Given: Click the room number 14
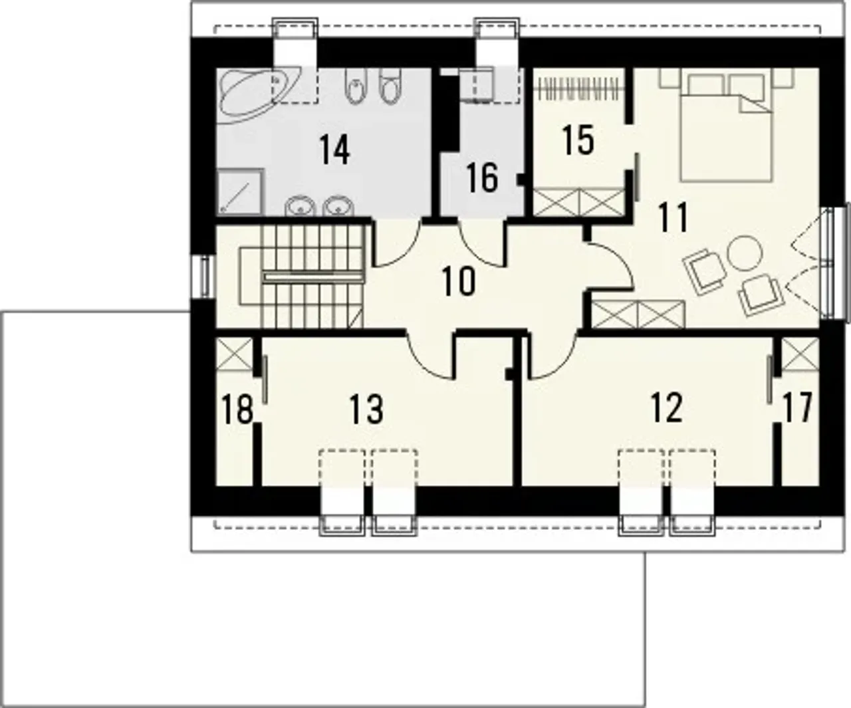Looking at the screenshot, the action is click(x=334, y=150).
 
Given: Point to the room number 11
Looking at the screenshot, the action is click(x=673, y=217).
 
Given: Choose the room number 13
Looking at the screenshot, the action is click(x=366, y=408).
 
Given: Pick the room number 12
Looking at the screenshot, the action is click(x=667, y=408).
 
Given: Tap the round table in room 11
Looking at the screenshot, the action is click(x=745, y=253).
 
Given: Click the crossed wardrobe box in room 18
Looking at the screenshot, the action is click(x=234, y=354).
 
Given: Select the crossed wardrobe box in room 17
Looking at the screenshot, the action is click(x=800, y=354).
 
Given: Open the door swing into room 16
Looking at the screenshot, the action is click(x=483, y=244).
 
